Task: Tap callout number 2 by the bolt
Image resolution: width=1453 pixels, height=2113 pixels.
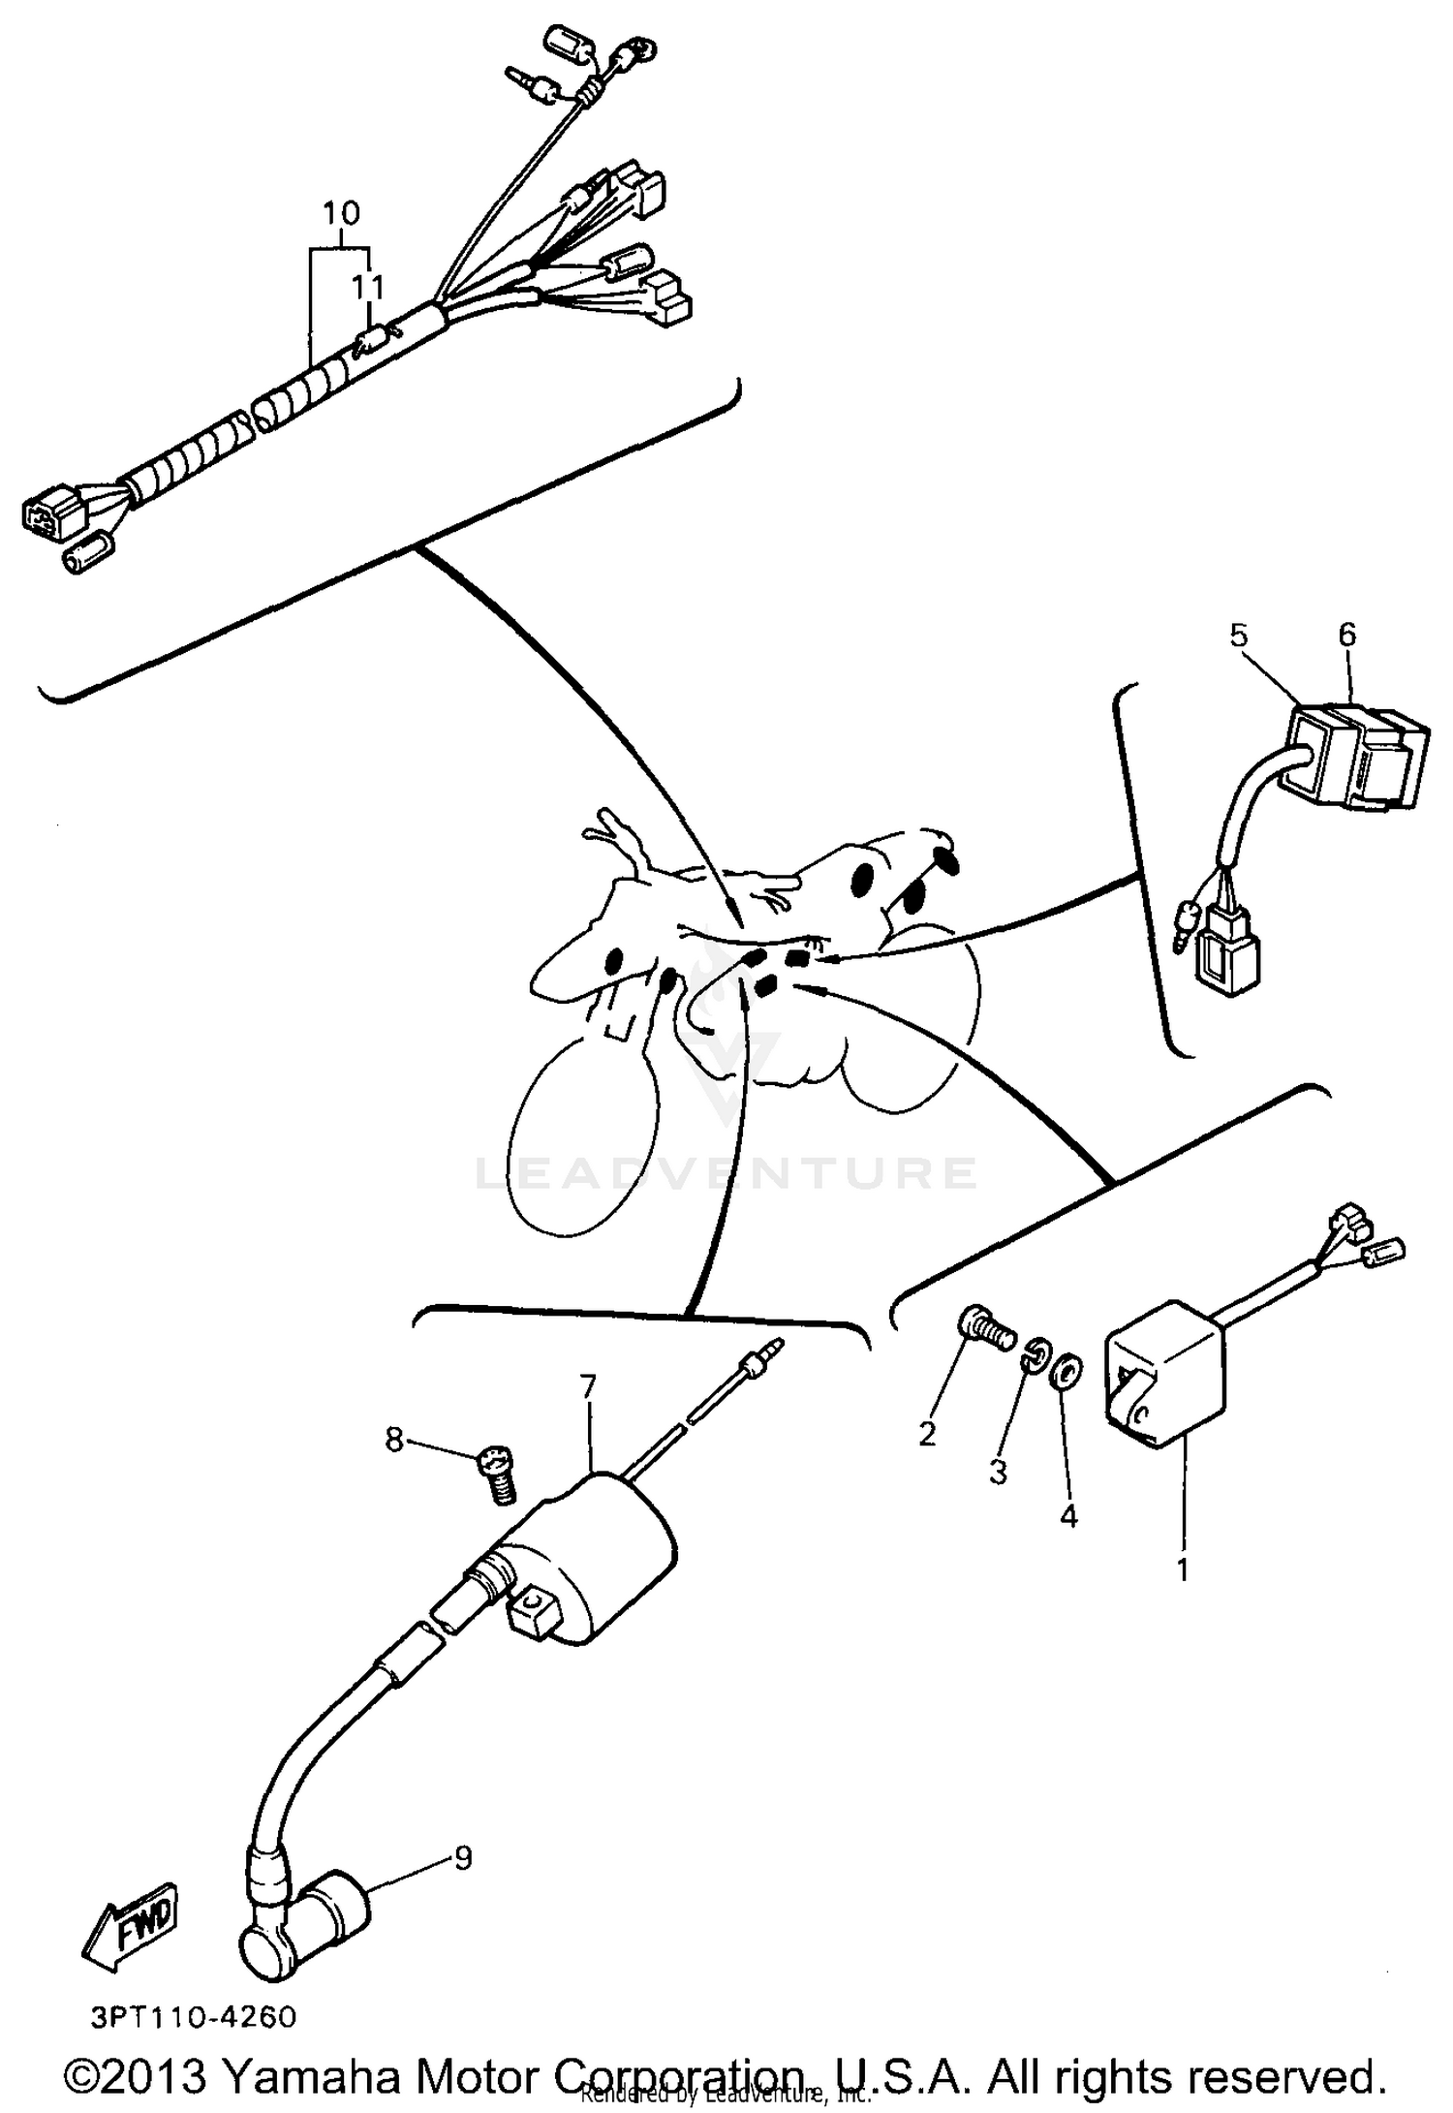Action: tap(927, 1433)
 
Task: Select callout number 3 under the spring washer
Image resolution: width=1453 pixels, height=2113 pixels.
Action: tap(998, 1472)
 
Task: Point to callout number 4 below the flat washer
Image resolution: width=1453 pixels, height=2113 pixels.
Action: tap(1067, 1515)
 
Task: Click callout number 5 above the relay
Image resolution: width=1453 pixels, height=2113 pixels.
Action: tap(1239, 636)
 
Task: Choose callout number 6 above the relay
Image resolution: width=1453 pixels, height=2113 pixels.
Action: tap(1346, 636)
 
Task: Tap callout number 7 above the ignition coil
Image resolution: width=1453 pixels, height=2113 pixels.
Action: tap(587, 1386)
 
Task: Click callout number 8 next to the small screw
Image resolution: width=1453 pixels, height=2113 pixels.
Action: tap(394, 1440)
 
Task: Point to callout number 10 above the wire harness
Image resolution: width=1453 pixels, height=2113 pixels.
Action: tap(341, 212)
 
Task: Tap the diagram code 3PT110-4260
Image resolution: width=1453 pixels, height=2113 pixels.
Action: tap(194, 2018)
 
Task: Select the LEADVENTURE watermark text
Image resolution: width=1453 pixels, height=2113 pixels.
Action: tap(726, 1173)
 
